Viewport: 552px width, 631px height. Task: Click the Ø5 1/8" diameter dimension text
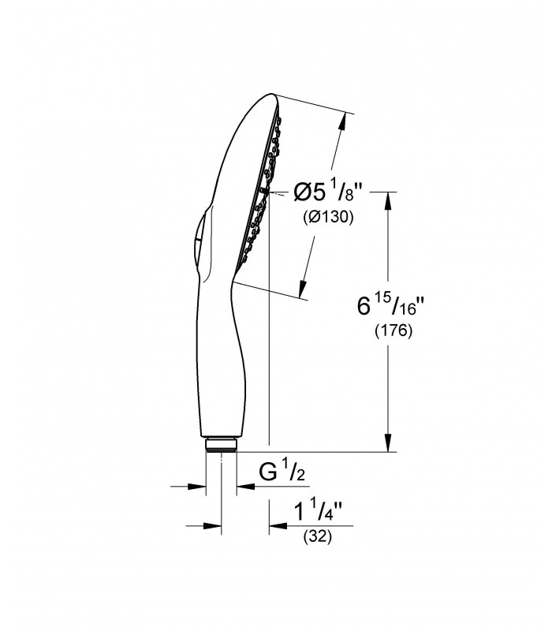pos(325,192)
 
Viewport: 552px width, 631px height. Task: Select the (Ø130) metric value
pos(328,218)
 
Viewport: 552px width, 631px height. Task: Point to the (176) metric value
pos(393,330)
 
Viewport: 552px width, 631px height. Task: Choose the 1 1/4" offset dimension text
pos(318,511)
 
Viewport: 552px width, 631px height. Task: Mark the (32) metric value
pos(318,536)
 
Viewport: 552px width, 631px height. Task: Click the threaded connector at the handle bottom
pos(221,444)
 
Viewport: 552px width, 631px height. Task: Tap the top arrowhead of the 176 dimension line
pos(388,201)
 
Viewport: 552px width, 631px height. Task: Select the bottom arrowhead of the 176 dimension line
pos(388,442)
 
